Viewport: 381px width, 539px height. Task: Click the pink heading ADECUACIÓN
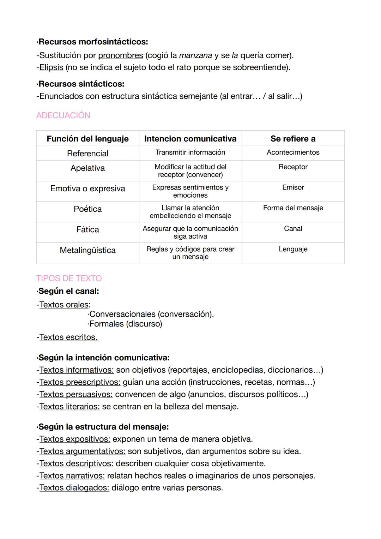(63, 115)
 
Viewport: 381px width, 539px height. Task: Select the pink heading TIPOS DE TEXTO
(69, 278)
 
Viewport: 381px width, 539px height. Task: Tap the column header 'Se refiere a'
(293, 139)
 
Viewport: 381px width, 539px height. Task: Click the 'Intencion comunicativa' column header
(190, 139)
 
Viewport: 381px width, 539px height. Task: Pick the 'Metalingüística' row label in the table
(87, 250)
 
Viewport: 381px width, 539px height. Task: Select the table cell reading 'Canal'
(293, 229)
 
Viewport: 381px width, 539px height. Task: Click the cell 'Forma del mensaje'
(293, 208)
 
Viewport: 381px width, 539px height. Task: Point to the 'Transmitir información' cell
(190, 152)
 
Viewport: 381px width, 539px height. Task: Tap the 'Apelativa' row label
(87, 168)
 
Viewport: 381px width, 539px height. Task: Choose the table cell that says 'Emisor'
(293, 187)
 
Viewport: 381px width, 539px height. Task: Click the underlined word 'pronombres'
(121, 55)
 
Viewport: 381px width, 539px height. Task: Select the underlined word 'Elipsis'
(51, 67)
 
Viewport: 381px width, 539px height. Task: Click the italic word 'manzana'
(195, 55)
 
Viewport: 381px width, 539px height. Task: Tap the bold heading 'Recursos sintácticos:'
(81, 84)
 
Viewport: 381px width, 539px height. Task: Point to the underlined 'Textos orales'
(64, 305)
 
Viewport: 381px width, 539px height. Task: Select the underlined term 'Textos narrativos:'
(72, 476)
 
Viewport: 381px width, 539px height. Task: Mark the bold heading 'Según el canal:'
(68, 291)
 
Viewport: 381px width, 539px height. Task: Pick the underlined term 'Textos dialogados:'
(74, 488)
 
